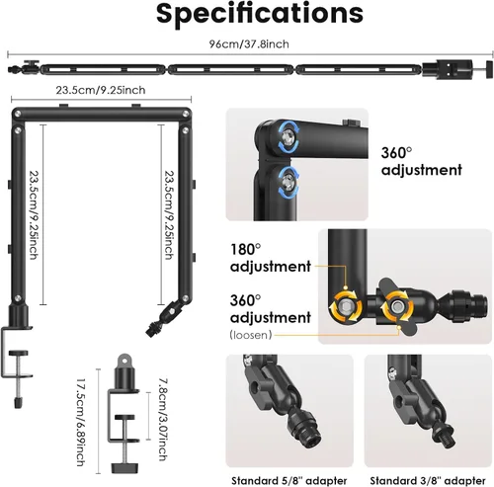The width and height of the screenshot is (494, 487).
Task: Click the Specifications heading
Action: (260, 14)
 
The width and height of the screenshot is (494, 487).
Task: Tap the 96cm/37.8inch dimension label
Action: (249, 43)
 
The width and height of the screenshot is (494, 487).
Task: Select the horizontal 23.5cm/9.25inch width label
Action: (101, 90)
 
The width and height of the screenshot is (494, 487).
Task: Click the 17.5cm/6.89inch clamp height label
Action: (80, 423)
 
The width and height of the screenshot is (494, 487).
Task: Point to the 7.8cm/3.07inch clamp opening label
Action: (163, 419)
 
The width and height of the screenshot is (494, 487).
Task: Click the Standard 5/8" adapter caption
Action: (289, 481)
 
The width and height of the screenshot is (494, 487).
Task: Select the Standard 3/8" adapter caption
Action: (428, 481)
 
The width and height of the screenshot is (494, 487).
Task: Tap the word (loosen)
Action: (251, 335)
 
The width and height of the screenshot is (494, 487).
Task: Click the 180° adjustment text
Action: (271, 258)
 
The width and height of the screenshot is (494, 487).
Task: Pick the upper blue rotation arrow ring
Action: (288, 136)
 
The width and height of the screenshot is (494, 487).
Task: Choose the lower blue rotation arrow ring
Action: (288, 183)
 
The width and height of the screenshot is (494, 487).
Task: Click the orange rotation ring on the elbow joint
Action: (346, 306)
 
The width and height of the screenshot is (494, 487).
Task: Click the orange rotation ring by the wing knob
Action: (397, 306)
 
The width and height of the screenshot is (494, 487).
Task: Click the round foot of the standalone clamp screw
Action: (124, 467)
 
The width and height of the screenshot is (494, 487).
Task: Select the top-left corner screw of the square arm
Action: (17, 114)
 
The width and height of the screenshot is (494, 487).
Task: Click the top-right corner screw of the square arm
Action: (186, 114)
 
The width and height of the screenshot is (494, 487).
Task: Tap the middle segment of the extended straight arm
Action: (230, 69)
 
